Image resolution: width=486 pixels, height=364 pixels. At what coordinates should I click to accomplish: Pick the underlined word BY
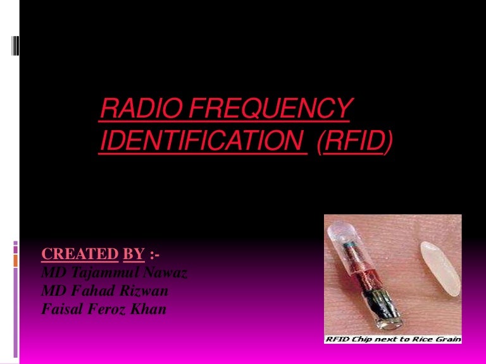pos(134,254)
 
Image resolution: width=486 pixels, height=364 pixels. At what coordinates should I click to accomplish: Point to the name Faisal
pos(58,310)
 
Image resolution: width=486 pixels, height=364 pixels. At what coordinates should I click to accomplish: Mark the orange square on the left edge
pos(16,259)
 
